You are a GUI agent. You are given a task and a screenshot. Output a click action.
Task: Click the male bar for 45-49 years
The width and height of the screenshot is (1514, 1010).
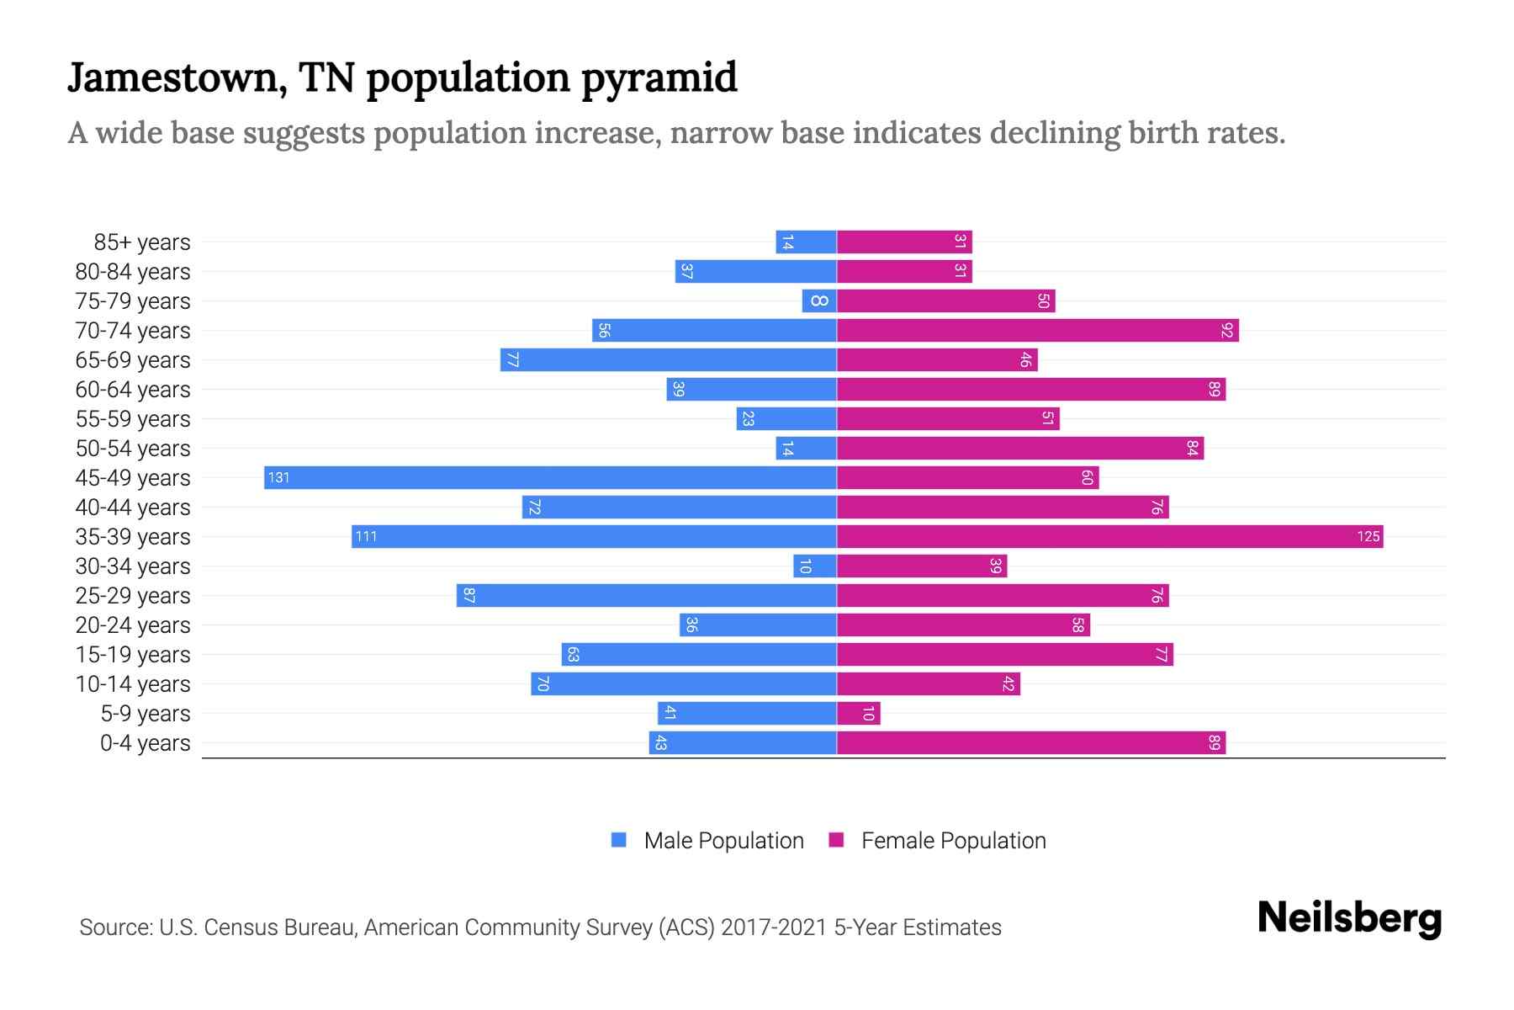click(x=551, y=477)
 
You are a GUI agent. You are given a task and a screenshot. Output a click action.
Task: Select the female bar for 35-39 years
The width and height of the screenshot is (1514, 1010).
click(x=1110, y=536)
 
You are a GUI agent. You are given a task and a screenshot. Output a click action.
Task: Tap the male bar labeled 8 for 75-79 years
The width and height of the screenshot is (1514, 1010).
click(x=819, y=300)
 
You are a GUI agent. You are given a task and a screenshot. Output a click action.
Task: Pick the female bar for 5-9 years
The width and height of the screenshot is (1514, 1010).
click(x=859, y=713)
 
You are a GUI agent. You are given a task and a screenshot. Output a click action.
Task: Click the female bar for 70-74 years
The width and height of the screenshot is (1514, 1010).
click(x=1038, y=330)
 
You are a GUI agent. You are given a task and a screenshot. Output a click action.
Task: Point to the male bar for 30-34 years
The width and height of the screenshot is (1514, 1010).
click(x=815, y=566)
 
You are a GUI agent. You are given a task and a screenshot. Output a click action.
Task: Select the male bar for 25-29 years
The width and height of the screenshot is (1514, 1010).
click(x=647, y=595)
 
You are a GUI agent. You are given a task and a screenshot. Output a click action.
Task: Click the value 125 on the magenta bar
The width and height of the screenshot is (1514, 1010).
click(x=1368, y=536)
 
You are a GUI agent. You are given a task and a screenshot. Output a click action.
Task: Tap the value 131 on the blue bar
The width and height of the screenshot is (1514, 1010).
click(x=278, y=477)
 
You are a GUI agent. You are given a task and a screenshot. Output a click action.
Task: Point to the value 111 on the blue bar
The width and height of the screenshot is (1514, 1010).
click(x=366, y=536)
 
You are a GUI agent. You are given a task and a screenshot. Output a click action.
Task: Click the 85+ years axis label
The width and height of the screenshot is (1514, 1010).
click(x=142, y=242)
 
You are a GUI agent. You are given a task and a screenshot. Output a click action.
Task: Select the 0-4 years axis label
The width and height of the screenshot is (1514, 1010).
click(x=145, y=743)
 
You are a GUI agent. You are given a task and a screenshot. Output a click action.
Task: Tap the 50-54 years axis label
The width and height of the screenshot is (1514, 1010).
click(x=133, y=449)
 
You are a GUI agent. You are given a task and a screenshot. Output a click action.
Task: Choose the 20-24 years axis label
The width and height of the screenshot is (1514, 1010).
click(x=133, y=625)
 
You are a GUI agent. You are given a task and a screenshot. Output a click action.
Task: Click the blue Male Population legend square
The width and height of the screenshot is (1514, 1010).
click(x=619, y=840)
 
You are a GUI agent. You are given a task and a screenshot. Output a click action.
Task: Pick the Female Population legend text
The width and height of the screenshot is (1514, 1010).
click(x=953, y=840)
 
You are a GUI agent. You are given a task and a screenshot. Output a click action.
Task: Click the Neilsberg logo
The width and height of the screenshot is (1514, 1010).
click(x=1349, y=918)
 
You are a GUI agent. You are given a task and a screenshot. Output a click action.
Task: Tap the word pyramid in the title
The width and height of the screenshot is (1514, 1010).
click(x=659, y=78)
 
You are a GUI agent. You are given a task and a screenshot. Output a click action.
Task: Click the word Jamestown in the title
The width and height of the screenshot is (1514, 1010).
click(x=172, y=78)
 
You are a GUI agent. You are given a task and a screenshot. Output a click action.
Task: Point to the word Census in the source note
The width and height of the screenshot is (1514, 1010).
click(x=241, y=928)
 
